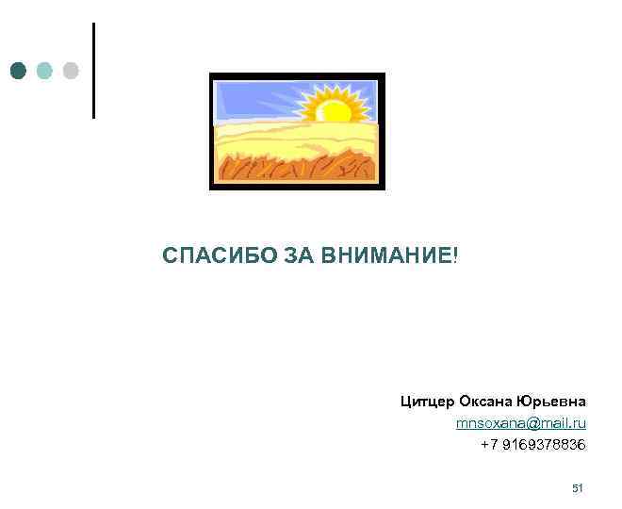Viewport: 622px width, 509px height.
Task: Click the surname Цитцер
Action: pos(427,402)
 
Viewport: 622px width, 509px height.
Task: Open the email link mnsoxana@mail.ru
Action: pos(520,423)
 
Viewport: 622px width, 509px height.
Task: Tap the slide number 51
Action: pos(579,488)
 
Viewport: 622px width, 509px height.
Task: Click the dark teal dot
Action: pos(18,71)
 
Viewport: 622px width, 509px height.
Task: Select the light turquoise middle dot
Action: pos(44,71)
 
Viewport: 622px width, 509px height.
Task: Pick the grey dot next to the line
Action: pos(71,71)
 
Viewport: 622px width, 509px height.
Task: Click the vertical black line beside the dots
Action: pos(93,71)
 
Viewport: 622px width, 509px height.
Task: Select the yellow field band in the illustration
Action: pos(283,141)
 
